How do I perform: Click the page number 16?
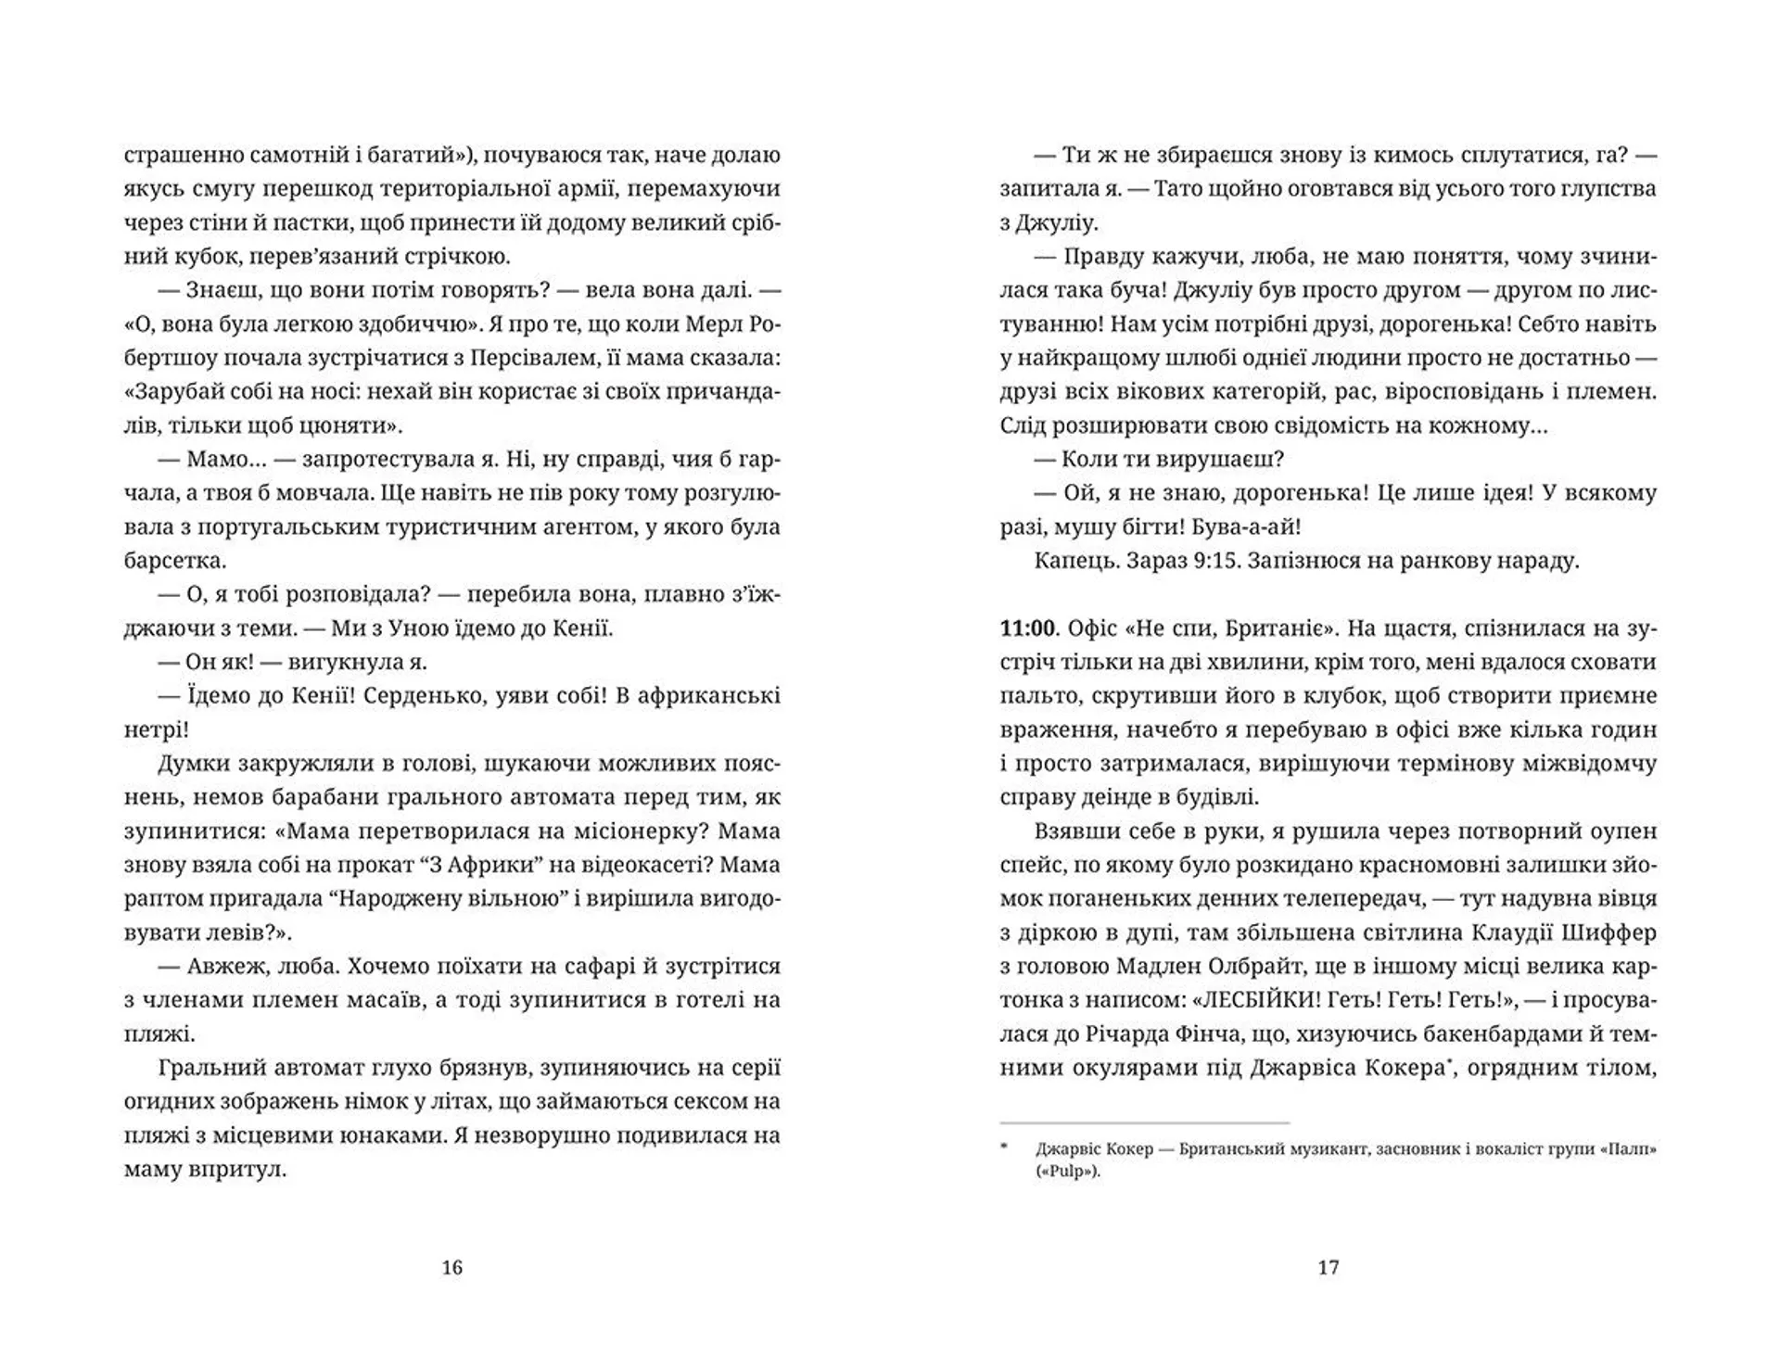point(451,1267)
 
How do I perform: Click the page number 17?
point(1329,1267)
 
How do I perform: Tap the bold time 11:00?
point(1028,628)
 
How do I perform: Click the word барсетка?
point(174,561)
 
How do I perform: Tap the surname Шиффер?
point(1614,932)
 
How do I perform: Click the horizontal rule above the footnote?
point(1145,1123)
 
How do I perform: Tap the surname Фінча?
point(1255,1033)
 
